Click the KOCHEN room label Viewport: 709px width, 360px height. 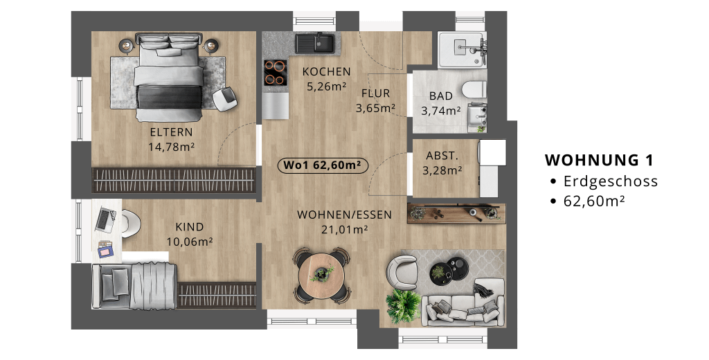[x=327, y=71]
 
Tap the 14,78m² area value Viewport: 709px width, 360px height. [x=172, y=147]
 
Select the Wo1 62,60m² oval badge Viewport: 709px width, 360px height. [x=323, y=165]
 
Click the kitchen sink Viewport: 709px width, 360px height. [x=315, y=44]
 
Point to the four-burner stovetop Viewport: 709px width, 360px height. [x=275, y=73]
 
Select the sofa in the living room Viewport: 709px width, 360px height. [x=463, y=302]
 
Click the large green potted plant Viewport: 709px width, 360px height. [x=402, y=306]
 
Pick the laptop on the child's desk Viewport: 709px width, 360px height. [x=105, y=219]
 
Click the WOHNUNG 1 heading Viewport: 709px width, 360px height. [x=599, y=160]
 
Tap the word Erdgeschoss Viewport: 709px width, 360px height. [x=611, y=181]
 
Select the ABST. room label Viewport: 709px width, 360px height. [x=442, y=156]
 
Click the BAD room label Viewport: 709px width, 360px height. [x=440, y=96]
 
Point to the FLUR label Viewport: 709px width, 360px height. [x=375, y=93]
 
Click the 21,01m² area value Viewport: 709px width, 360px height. [x=344, y=229]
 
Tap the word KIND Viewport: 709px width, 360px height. [x=190, y=226]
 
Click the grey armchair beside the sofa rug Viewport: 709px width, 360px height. [x=402, y=272]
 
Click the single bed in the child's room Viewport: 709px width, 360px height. [x=134, y=287]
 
